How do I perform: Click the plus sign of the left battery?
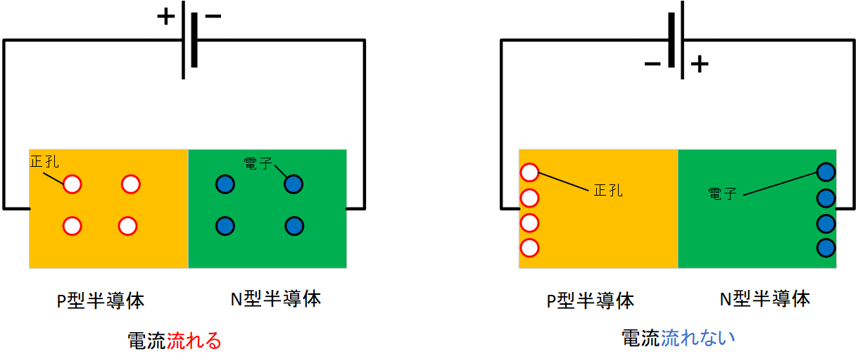pyautogui.click(x=166, y=15)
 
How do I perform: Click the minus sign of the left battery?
pyautogui.click(x=212, y=15)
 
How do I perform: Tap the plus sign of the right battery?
pyautogui.click(x=699, y=65)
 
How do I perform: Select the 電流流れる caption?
pyautogui.click(x=175, y=341)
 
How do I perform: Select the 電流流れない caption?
pyautogui.click(x=679, y=338)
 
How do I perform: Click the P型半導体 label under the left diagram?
pyautogui.click(x=101, y=300)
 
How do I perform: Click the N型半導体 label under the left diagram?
pyautogui.click(x=276, y=298)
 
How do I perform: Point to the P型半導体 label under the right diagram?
pyautogui.click(x=591, y=300)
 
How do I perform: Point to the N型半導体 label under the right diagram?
pyautogui.click(x=765, y=298)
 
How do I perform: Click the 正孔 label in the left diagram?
pyautogui.click(x=44, y=161)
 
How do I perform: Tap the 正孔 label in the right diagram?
pyautogui.click(x=608, y=190)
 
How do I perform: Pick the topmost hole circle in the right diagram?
pyautogui.click(x=529, y=172)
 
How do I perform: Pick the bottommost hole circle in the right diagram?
pyautogui.click(x=529, y=248)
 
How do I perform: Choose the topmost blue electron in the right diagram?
pyautogui.click(x=826, y=172)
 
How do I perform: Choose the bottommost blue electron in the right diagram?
pyautogui.click(x=826, y=248)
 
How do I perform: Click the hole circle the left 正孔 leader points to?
pyautogui.click(x=72, y=184)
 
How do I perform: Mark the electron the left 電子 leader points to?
pyautogui.click(x=294, y=184)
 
